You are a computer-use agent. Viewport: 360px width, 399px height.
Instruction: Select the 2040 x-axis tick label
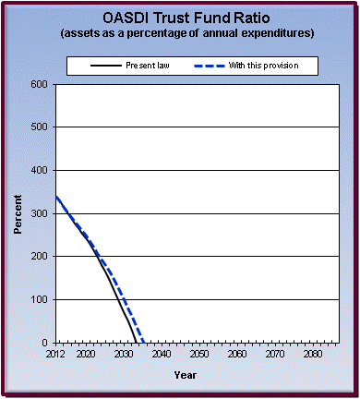162,354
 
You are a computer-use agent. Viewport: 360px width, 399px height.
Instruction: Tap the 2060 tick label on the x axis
237,354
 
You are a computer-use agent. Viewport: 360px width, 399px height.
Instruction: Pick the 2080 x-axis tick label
313,354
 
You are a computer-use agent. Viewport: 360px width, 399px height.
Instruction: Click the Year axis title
185,375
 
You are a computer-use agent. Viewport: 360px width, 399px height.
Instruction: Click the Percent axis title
18,213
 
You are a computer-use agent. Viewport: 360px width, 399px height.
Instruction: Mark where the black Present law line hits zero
136,343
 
